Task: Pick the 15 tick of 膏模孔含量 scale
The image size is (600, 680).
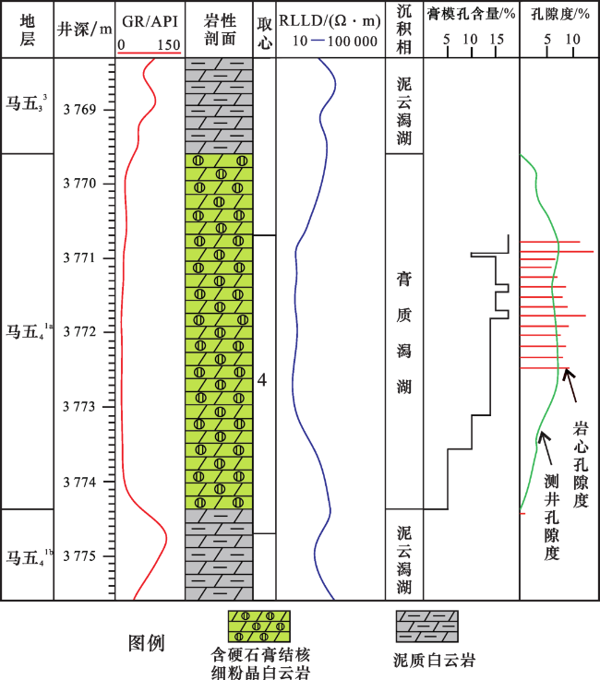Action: [x=496, y=42]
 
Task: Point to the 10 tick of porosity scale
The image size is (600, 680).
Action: [x=572, y=42]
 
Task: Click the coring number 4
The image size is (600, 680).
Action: [x=262, y=380]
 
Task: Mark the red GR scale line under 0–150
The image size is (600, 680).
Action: [x=149, y=54]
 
